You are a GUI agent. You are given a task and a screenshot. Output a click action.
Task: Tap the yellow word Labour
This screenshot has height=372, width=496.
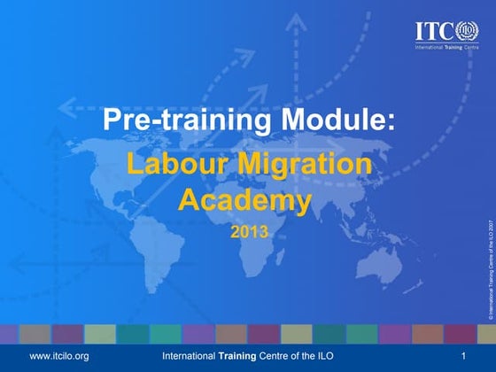[174, 166]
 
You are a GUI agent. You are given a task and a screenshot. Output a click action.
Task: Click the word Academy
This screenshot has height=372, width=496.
[245, 201]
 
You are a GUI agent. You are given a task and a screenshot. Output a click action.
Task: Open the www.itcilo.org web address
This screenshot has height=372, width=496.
[60, 355]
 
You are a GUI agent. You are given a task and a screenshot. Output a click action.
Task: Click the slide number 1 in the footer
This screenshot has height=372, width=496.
[462, 355]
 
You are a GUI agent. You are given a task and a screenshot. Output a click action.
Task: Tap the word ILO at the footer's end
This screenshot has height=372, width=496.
[328, 355]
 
